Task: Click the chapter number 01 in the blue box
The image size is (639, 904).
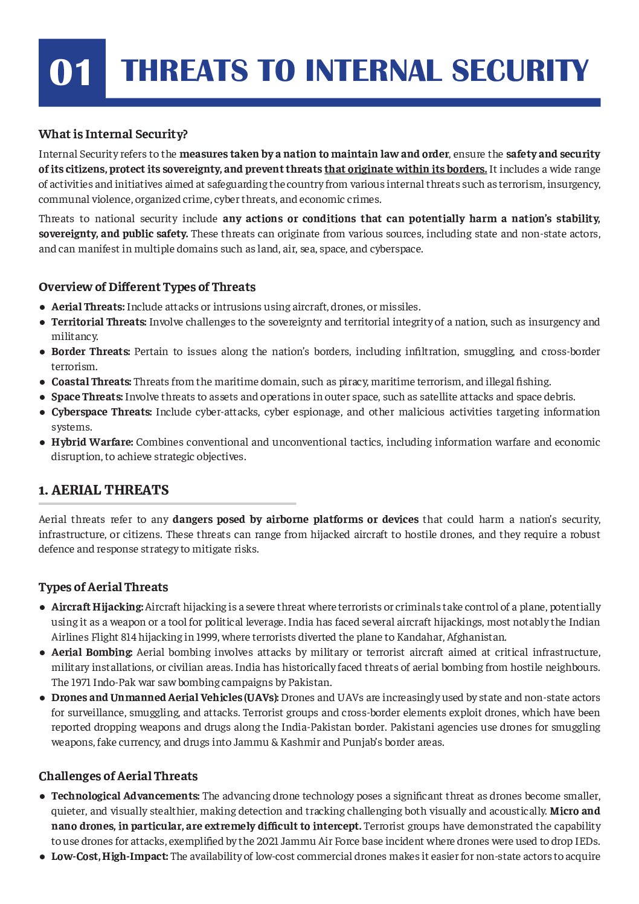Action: (71, 72)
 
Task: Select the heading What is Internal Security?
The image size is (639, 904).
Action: (113, 134)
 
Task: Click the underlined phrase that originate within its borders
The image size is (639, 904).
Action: (405, 169)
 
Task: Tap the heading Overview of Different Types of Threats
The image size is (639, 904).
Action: (147, 287)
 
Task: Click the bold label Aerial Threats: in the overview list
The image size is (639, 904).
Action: (88, 307)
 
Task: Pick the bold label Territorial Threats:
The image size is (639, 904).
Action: (98, 322)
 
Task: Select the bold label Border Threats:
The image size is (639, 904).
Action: (91, 351)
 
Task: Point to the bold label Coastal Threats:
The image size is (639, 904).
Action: (91, 382)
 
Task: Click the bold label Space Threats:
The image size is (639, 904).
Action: (87, 397)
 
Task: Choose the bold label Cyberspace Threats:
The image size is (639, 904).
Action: (101, 412)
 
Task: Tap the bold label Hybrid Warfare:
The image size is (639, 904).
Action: (92, 442)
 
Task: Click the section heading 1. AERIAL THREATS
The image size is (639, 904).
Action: (104, 490)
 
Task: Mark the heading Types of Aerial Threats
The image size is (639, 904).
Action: (103, 587)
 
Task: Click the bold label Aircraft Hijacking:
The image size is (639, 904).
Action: (97, 607)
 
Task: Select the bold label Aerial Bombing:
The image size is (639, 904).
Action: (92, 652)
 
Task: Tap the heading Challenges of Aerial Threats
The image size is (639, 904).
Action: (118, 776)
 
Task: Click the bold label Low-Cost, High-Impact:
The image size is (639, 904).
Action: (109, 856)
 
